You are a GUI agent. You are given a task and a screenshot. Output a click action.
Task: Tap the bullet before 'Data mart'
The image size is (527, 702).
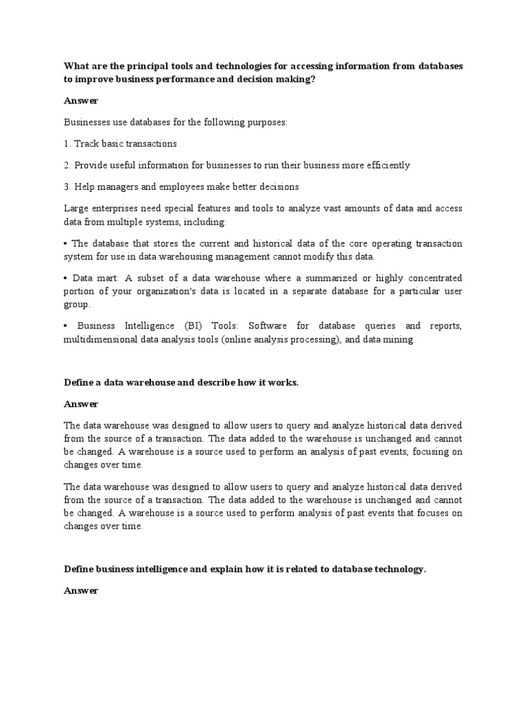coord(67,278)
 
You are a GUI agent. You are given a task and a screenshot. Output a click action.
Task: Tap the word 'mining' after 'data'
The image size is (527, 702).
coord(399,340)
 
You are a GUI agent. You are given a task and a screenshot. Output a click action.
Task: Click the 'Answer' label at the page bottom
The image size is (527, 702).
coord(81,590)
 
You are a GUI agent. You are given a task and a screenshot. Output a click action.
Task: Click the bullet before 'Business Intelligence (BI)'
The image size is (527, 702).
coord(67,326)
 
